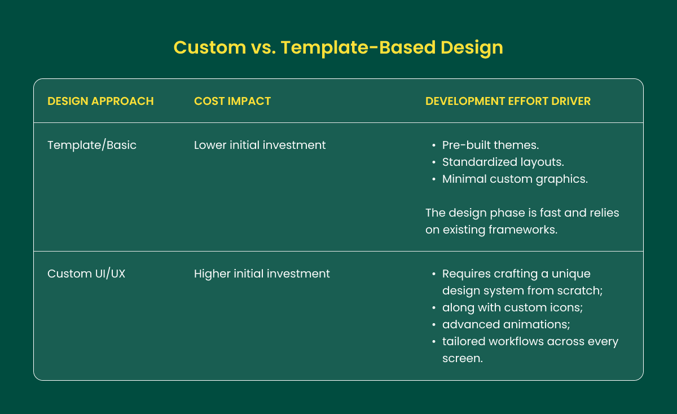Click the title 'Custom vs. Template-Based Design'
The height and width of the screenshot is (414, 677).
[338, 47]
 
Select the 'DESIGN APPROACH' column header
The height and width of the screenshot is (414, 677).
[100, 101]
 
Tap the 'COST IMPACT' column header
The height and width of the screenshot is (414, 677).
[232, 101]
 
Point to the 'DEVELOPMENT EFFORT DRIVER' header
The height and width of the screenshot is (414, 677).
[508, 101]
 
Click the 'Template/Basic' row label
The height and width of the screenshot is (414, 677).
[92, 145]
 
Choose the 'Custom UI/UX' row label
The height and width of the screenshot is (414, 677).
[86, 274]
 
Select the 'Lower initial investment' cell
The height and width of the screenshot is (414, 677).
[260, 145]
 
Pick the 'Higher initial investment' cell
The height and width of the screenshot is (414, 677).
[262, 274]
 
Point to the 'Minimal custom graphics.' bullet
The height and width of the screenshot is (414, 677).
[515, 179]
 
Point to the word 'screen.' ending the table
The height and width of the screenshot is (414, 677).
[462, 358]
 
